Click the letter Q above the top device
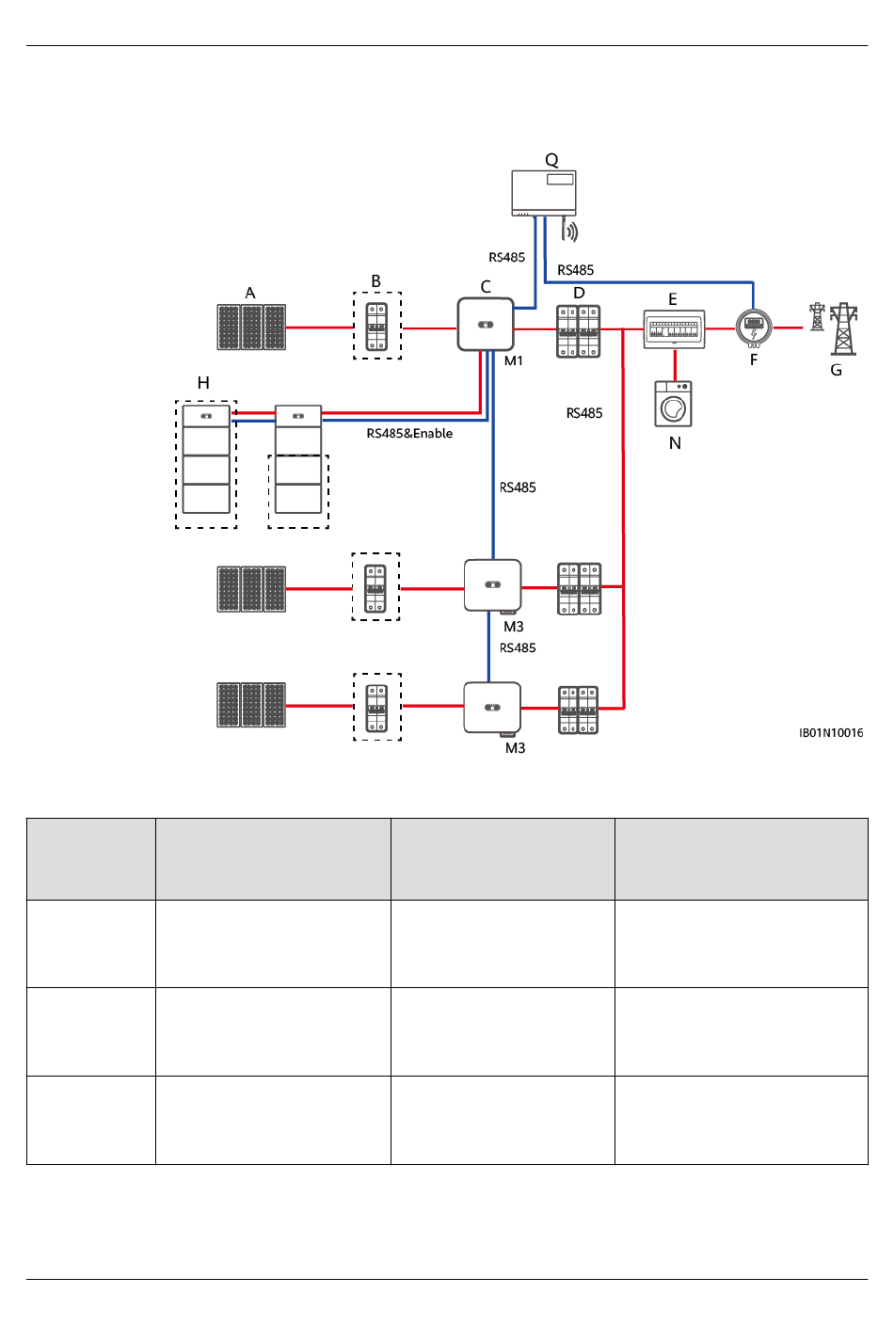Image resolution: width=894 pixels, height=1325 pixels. (551, 160)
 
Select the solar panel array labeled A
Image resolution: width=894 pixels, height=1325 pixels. (251, 327)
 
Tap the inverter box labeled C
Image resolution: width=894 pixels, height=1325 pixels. (486, 324)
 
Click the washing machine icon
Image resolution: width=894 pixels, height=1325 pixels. (673, 404)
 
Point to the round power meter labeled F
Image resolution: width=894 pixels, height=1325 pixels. (754, 328)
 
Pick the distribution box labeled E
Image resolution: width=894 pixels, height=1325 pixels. (674, 328)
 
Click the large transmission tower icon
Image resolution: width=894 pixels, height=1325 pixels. (844, 328)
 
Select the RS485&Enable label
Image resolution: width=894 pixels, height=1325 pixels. (409, 434)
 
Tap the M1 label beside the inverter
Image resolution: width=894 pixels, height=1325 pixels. (514, 360)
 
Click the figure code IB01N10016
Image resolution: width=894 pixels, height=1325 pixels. (831, 733)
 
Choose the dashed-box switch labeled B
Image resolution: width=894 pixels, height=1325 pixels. (377, 326)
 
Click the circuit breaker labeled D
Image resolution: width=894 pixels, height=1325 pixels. (578, 331)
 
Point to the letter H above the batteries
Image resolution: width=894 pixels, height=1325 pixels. (203, 383)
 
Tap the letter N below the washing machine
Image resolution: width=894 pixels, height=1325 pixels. (675, 443)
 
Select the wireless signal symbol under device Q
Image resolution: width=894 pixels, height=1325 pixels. (569, 231)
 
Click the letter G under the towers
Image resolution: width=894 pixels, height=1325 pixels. (836, 370)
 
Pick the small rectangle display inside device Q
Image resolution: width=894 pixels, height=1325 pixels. (560, 179)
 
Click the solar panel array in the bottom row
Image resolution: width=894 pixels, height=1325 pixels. (251, 705)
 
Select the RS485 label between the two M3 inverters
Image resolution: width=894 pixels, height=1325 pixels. (518, 648)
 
